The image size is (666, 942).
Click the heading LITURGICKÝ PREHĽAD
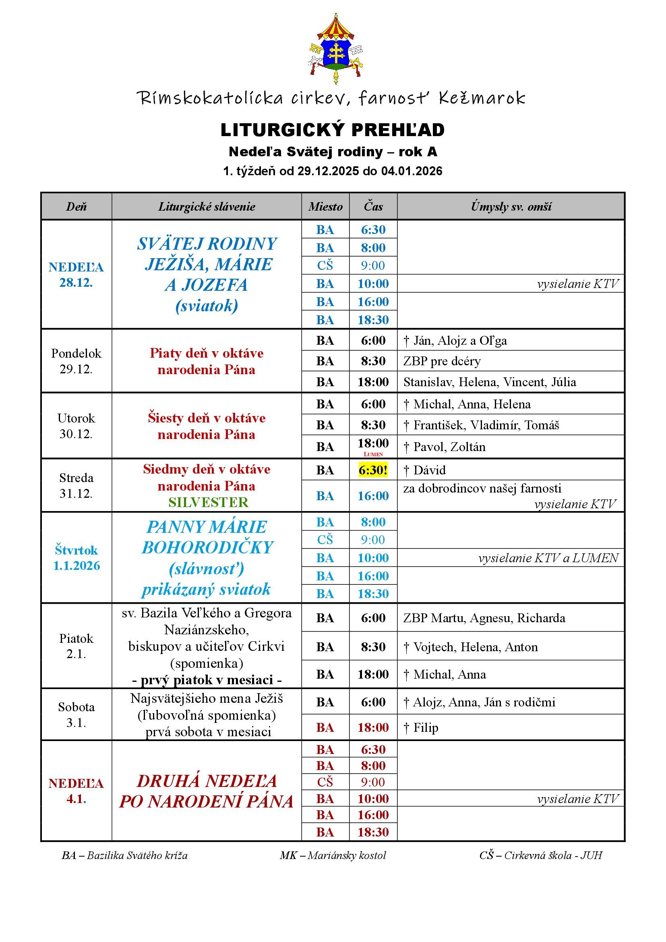coord(333,130)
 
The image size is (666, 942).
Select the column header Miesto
coord(325,206)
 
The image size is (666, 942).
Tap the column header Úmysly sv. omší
coord(511,206)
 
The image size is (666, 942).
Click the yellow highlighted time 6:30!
coord(373,470)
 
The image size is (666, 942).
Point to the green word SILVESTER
coord(208,503)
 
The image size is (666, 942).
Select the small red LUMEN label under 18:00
coord(373,454)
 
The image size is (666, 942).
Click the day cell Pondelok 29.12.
coord(76,361)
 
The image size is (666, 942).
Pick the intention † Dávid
coord(425,470)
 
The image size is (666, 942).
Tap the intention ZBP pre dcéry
coord(442,361)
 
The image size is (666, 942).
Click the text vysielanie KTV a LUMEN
coord(548,558)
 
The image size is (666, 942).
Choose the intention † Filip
coord(421,728)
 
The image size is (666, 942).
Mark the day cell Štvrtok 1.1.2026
coord(76,558)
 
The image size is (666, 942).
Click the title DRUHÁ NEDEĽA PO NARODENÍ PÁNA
coord(207,791)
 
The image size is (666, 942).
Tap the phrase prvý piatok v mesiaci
coord(207,680)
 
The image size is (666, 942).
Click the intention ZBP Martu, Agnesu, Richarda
coord(484,618)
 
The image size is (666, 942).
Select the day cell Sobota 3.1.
coord(76,715)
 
